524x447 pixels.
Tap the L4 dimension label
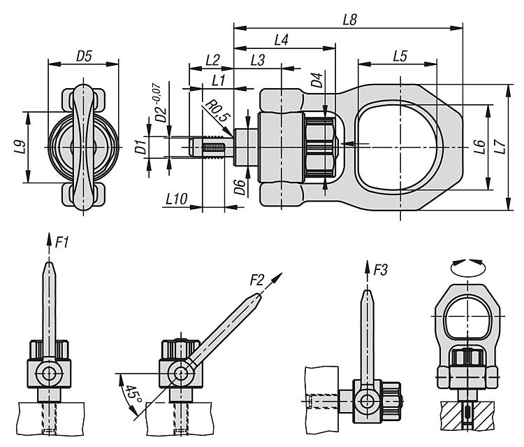pos(282,41)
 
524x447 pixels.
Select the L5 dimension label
pos(400,57)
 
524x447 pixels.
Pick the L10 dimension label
pos(175,199)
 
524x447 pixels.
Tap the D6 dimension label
pos(240,187)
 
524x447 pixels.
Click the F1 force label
pos(62,243)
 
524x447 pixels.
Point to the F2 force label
pos(257,281)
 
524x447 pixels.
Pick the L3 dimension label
pos(256,61)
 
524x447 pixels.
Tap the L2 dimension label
pos(213,61)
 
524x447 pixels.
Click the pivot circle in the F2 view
pos(181,373)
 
